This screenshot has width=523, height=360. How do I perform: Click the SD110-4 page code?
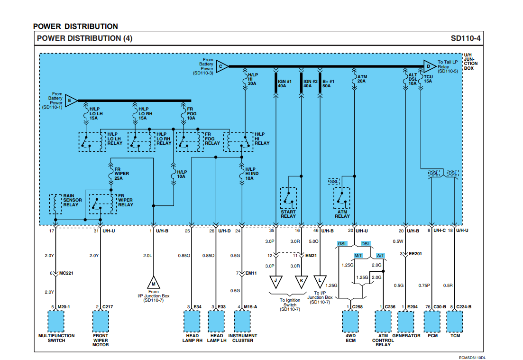point(467,38)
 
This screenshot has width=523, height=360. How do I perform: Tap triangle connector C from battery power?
point(221,66)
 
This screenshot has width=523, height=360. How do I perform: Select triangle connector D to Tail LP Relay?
point(429,66)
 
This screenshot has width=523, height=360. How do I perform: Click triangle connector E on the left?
point(70,101)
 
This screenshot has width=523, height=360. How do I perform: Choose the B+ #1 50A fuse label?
point(329,83)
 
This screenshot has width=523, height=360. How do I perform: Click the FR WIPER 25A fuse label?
point(121,174)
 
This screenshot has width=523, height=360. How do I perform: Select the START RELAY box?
point(288,198)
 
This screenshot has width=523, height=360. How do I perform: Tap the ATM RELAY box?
point(342,198)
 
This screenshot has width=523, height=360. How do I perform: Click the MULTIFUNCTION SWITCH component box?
point(56,321)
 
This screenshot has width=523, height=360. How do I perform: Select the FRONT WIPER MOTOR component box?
point(101,321)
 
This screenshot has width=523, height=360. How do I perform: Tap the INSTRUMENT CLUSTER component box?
point(242,321)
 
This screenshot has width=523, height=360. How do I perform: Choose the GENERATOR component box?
point(406,321)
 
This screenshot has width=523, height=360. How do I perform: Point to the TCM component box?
point(455,321)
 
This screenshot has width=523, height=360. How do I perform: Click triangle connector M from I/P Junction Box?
point(154,283)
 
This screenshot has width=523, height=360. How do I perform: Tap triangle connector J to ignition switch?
point(275,280)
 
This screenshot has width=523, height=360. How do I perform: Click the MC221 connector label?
point(67,273)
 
